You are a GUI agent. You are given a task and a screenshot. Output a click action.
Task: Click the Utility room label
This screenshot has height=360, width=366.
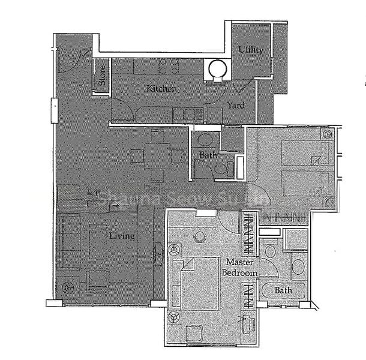coord(250,50)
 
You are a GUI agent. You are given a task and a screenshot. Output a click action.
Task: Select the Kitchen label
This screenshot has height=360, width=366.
coord(162,89)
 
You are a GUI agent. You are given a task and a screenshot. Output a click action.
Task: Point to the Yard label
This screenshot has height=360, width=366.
coord(235,106)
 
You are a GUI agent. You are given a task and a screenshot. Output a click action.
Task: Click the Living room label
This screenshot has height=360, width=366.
coord(122,236)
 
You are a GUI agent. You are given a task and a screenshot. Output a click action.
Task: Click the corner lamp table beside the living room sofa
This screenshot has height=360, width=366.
coord(68,287)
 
